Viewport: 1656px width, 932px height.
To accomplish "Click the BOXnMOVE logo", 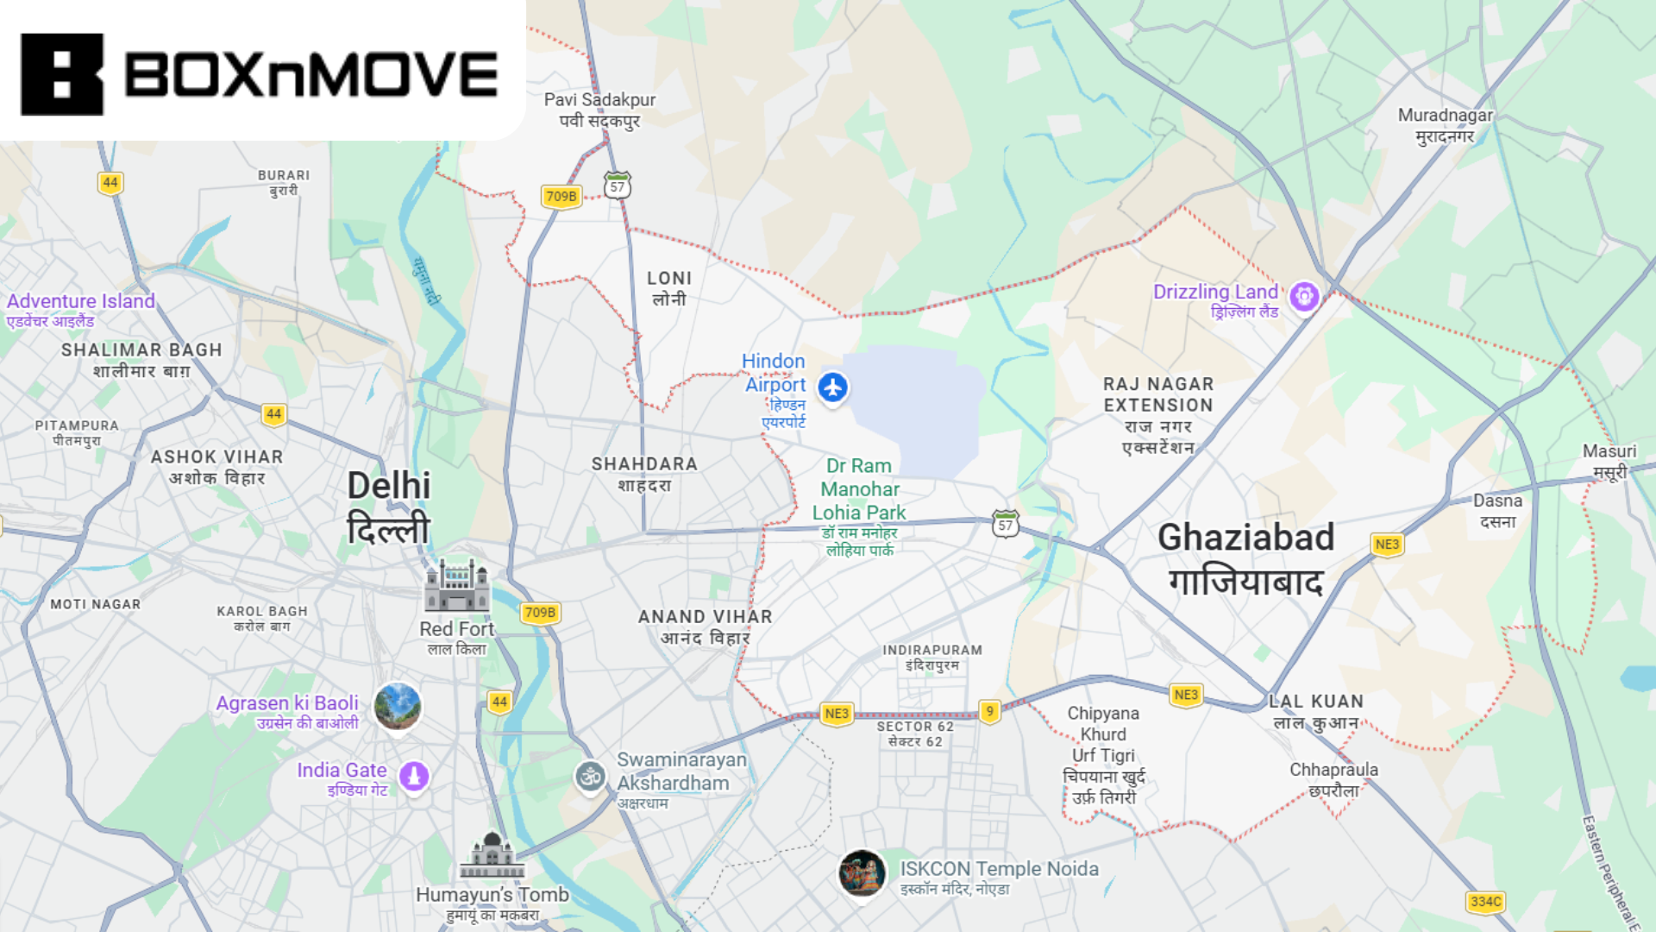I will coord(259,74).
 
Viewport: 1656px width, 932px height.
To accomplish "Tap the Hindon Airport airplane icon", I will coord(833,387).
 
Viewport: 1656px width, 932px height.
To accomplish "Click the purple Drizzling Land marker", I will coord(1304,297).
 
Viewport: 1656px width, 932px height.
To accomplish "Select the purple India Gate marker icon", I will coord(414,776).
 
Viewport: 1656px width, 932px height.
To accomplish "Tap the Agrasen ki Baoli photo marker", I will coord(398,705).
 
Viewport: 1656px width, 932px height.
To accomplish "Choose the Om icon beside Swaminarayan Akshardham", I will coord(591,777).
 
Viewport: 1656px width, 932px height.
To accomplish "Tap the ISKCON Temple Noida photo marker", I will coord(862,872).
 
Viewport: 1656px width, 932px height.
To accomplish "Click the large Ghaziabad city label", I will coord(1245,538).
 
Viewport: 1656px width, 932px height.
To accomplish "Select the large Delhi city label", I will coord(389,486).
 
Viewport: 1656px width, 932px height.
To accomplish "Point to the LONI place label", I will coord(669,279).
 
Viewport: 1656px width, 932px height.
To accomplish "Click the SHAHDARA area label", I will coord(644,464).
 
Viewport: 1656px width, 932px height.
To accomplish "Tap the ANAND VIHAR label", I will coord(705,617).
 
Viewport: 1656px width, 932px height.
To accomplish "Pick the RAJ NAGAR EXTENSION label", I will coord(1158,394).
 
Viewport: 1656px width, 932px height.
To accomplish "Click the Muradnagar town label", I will coord(1445,116).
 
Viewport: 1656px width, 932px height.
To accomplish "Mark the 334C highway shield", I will coord(1485,902).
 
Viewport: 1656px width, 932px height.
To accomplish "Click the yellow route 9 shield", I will coord(990,712).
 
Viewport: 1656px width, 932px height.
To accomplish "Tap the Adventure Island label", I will coord(81,301).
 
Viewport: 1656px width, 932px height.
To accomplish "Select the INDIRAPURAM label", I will coord(932,650).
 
